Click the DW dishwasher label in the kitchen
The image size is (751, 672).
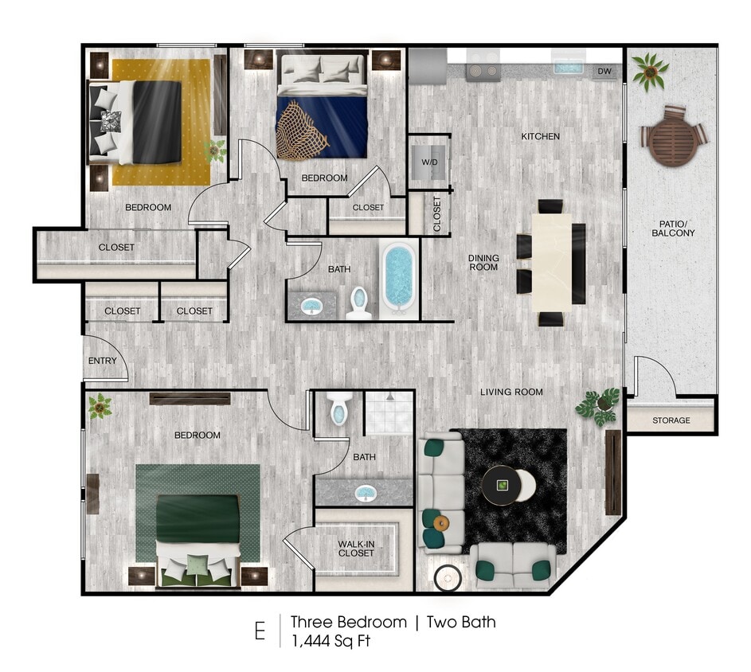pos(605,72)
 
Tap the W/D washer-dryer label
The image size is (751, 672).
pos(429,163)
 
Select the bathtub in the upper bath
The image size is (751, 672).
pos(398,276)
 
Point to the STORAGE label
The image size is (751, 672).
pos(671,420)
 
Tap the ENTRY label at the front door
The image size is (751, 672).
pos(102,361)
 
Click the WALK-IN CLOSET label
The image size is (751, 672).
pos(356,548)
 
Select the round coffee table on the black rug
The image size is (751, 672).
pos(503,483)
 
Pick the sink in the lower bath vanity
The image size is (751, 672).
pos(366,493)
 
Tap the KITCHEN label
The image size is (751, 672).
pos(540,136)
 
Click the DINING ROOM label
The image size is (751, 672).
pos(483,263)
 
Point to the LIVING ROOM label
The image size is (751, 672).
pos(511,392)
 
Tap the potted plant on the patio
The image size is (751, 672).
pos(651,70)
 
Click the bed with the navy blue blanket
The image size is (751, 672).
pos(322,115)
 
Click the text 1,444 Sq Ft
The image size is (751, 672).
pos(330,640)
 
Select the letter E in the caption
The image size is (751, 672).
pos(260,631)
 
